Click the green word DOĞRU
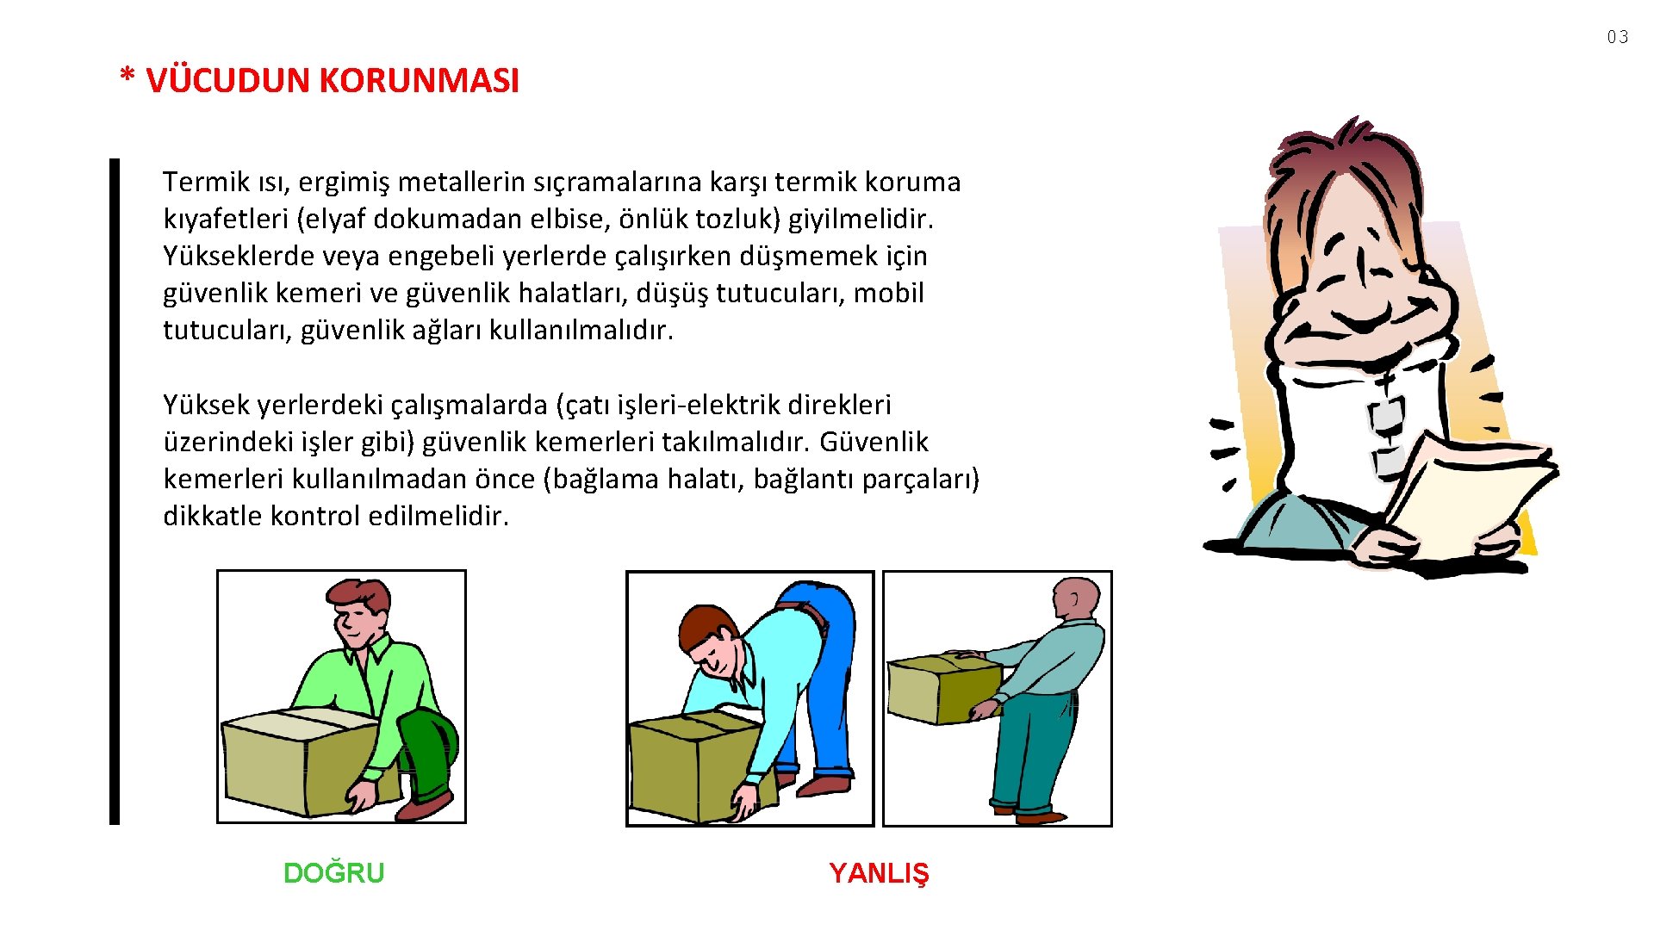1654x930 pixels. [333, 873]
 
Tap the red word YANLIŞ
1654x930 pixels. [879, 873]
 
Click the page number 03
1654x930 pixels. [1617, 37]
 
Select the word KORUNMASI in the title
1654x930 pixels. [420, 81]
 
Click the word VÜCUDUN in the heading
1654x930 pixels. [227, 80]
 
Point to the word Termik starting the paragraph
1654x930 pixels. [206, 182]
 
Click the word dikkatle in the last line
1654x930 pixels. [213, 516]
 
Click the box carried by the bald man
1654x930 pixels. [944, 688]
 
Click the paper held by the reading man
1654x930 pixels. [1464, 495]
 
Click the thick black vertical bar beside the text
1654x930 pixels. [115, 492]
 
